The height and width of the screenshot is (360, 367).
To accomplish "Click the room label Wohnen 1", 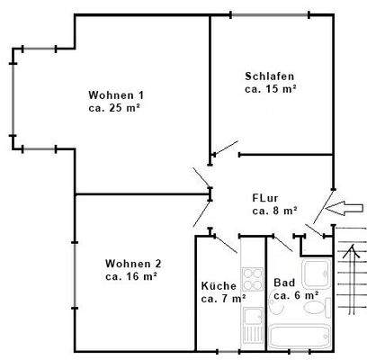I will [x=115, y=95].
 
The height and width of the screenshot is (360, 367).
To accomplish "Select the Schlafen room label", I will [x=270, y=76].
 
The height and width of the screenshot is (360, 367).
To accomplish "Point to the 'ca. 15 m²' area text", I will [x=271, y=89].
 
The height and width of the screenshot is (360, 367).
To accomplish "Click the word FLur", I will [x=265, y=197].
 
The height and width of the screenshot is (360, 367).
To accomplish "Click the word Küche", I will [x=219, y=285].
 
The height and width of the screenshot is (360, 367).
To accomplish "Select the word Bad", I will [x=284, y=281].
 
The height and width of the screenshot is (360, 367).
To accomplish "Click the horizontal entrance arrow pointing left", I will [x=344, y=209].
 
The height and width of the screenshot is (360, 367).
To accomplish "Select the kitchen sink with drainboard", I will [x=252, y=324].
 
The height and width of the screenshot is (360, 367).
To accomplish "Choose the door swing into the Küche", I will [x=225, y=242].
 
